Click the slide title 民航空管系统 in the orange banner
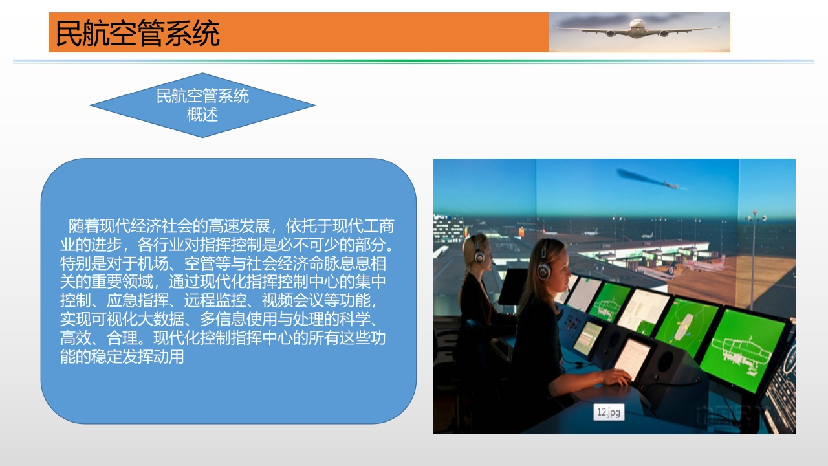(138, 33)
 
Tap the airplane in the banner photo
(637, 29)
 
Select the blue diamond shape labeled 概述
(202, 105)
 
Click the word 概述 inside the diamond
(202, 115)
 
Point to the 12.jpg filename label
(609, 412)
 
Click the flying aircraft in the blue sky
(671, 184)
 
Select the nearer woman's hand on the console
(616, 377)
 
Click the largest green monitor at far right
(743, 349)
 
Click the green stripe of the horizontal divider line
(413, 61)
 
